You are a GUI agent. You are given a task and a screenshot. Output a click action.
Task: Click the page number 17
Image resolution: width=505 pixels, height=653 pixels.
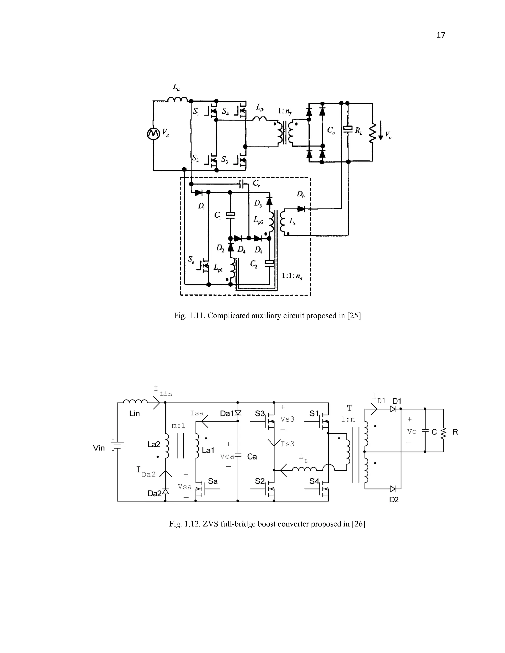tap(441, 35)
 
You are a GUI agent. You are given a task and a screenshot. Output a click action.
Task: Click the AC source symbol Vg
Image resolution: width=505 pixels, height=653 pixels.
tap(153, 134)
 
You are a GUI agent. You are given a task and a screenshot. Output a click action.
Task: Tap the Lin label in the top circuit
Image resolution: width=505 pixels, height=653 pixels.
tap(177, 87)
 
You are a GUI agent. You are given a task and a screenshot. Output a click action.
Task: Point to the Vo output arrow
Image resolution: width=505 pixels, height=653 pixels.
tap(380, 131)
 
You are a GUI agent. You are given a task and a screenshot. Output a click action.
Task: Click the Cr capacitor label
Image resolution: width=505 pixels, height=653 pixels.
tap(256, 183)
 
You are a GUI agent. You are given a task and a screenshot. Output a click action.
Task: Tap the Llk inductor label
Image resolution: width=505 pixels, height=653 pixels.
tap(260, 108)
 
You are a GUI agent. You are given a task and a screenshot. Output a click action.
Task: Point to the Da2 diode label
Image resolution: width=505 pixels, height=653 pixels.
tap(154, 493)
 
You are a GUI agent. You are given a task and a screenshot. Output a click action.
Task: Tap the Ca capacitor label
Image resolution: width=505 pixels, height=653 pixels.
tap(252, 457)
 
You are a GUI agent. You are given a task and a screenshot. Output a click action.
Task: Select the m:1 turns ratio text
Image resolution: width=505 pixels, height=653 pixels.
tap(179, 426)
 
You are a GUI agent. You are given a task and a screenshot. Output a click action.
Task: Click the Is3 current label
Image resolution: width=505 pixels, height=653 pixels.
tap(287, 444)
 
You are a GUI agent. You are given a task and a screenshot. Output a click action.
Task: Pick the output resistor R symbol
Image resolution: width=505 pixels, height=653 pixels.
tap(443, 432)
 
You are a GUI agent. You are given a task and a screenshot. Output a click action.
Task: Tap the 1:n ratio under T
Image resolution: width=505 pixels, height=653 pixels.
tap(348, 419)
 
